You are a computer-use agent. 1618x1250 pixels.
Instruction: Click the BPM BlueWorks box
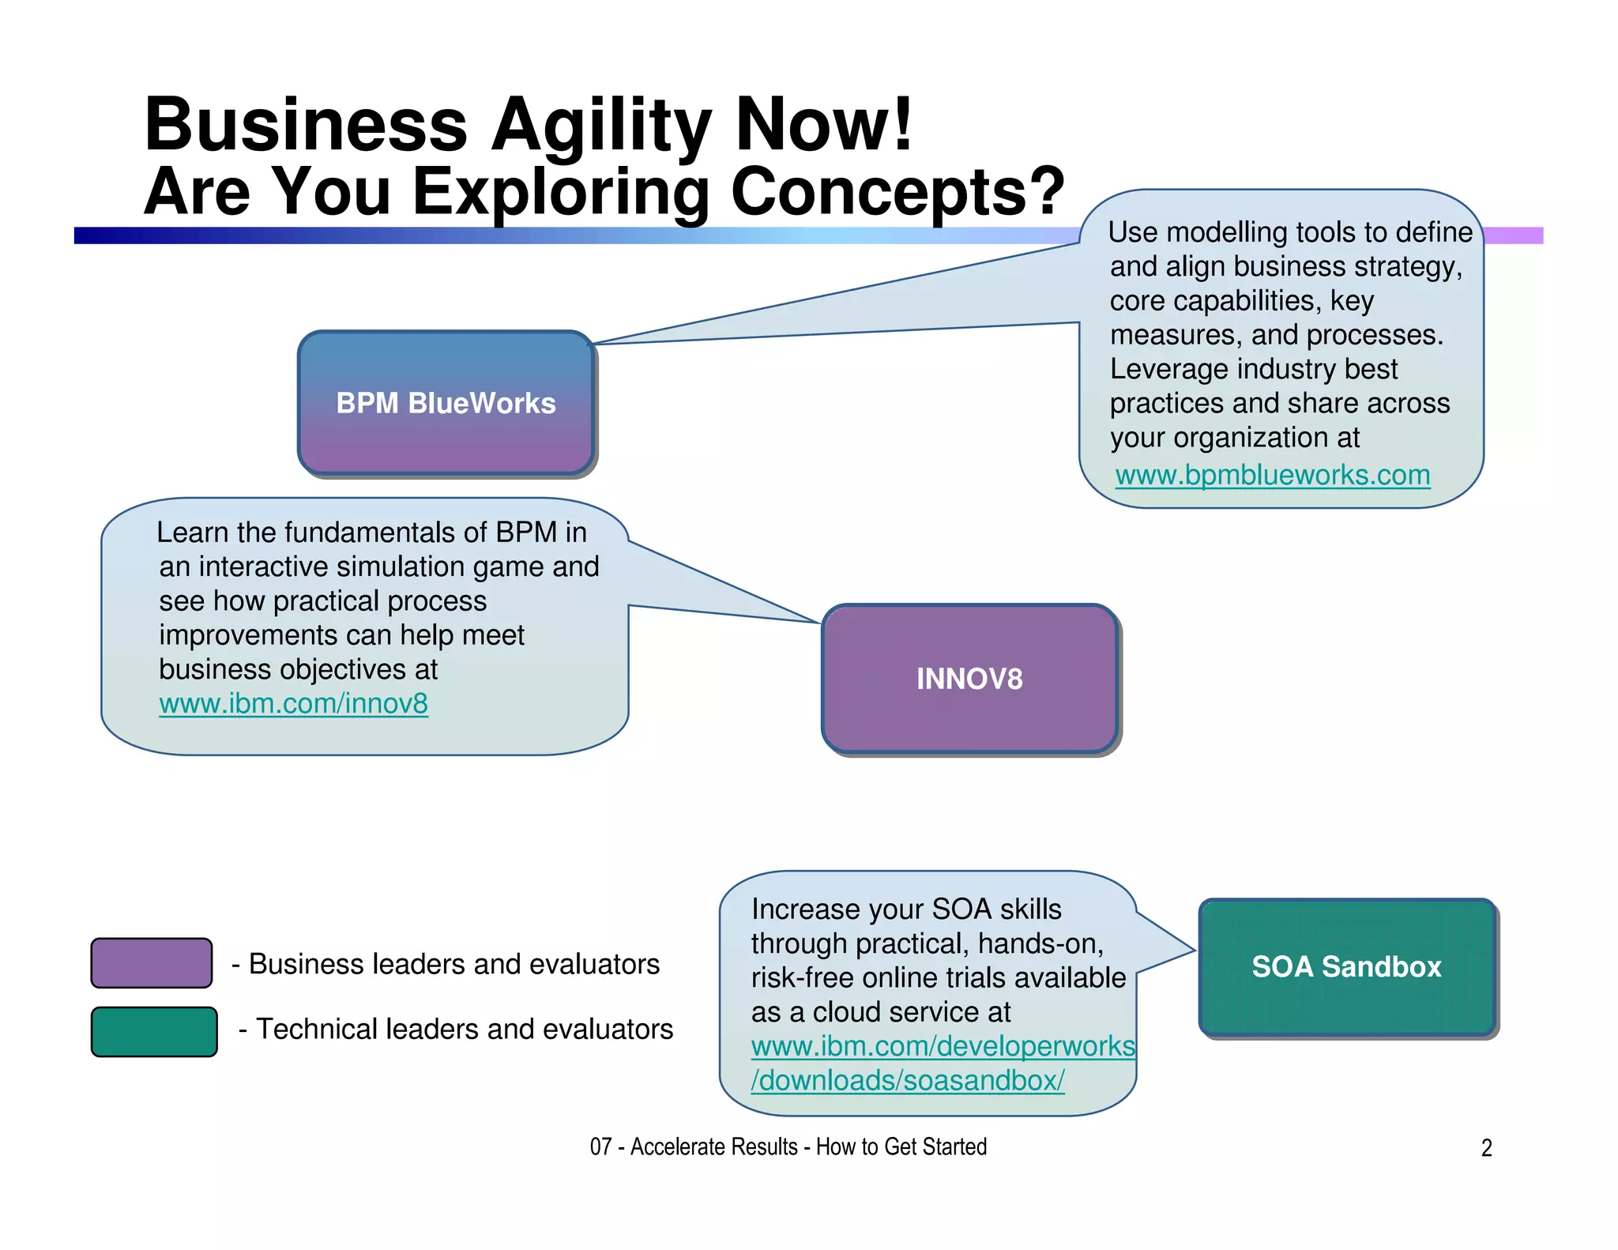click(446, 402)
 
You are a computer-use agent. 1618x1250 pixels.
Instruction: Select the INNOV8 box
click(969, 678)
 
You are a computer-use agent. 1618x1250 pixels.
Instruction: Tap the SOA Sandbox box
click(1346, 966)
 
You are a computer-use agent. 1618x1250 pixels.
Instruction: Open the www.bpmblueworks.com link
click(1272, 475)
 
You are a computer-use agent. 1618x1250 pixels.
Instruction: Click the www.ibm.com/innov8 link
click(293, 703)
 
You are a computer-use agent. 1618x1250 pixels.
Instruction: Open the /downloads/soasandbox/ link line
click(907, 1080)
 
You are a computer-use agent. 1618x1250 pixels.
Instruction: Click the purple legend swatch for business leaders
click(152, 962)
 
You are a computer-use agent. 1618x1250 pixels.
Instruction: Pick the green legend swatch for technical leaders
click(154, 1031)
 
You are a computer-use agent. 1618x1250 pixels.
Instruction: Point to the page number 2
click(1486, 1147)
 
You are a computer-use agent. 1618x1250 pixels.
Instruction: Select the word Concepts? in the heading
click(897, 191)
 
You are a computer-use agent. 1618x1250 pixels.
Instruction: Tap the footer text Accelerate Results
click(713, 1146)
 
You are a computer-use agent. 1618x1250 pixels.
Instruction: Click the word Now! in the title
click(824, 125)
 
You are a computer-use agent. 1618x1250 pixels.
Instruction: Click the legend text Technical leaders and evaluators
click(464, 1029)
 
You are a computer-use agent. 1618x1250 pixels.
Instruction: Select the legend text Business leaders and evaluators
click(453, 964)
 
